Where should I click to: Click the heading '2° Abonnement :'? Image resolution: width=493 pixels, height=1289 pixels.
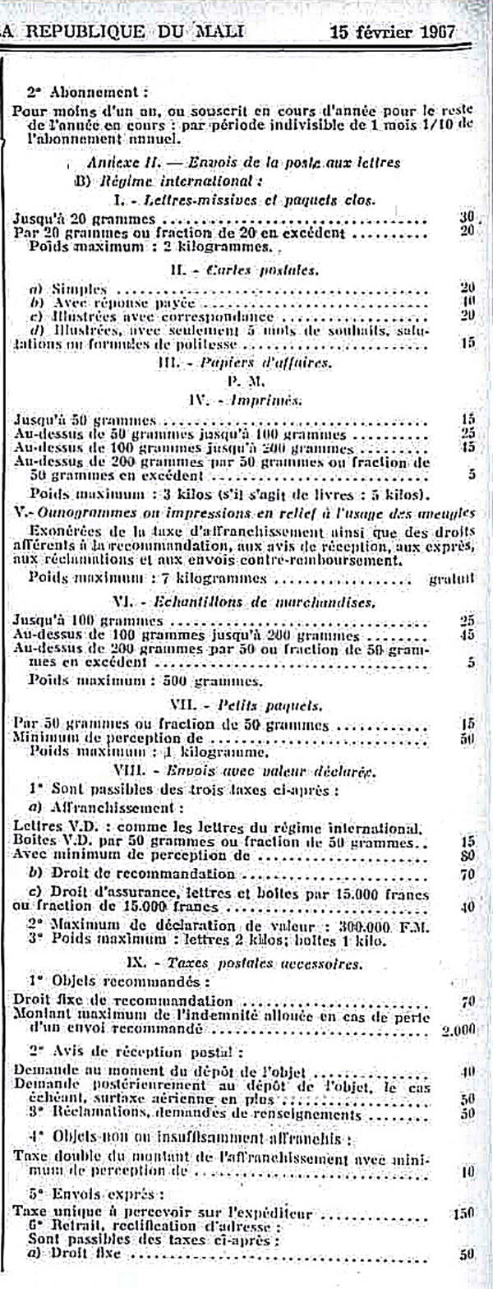[x=87, y=93]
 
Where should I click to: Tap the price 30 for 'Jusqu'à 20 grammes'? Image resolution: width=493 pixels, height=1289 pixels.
[x=468, y=218]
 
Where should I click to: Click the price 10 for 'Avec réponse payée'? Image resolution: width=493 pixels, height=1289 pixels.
[x=468, y=301]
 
